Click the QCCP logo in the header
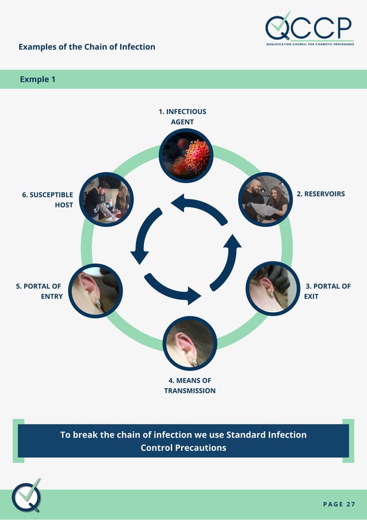pos(309,29)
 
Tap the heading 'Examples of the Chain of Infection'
pos(87,47)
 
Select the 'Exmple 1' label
pos(38,79)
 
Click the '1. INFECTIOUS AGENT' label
pos(182,116)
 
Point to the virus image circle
pos(186,155)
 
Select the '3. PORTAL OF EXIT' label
pos(327,291)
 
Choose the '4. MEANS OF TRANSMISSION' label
pos(190,385)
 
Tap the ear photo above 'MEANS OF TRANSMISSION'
pos(190,343)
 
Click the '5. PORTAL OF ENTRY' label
pos(39,291)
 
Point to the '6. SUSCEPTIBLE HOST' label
pos(48,200)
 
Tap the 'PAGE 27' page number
pos(339,504)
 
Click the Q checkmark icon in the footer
pos(28,495)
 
